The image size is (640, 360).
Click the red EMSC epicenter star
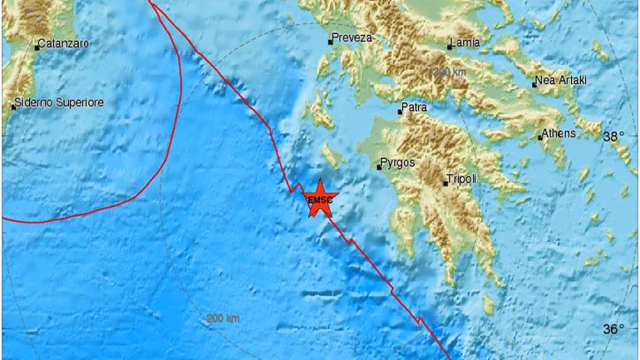tap(318, 199)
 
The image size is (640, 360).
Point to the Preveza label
tap(350, 37)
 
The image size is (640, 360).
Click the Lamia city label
tap(465, 41)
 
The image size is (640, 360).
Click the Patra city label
tap(416, 108)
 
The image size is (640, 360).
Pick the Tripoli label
tap(461, 179)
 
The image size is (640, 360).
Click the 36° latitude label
tap(613, 329)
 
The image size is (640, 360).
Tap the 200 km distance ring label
tap(223, 318)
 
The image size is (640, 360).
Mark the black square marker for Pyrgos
tap(379, 167)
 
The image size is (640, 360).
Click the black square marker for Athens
tap(540, 137)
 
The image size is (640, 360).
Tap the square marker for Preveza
tap(329, 41)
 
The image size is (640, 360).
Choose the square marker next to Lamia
tap(449, 47)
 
